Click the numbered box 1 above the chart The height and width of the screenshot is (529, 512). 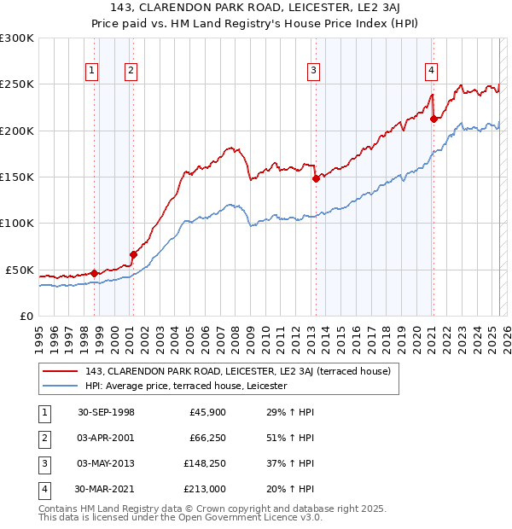pos(91,71)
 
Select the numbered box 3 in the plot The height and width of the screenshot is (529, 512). pos(314,71)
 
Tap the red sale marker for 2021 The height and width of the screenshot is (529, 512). pos(433,119)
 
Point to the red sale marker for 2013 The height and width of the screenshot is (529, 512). pos(316,178)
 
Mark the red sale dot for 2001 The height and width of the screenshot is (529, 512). pos(133,254)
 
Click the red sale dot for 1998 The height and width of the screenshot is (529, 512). pos(95,273)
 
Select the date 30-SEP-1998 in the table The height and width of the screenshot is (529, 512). pos(106,412)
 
